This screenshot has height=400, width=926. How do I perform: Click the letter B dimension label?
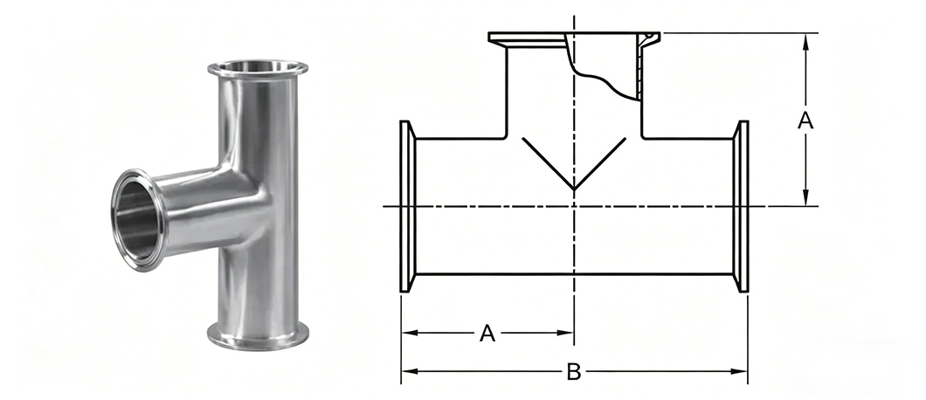tap(573, 372)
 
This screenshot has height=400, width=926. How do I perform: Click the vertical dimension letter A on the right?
tap(805, 121)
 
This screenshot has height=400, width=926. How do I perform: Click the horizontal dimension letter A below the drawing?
tap(487, 334)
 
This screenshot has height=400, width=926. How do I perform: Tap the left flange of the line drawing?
tap(407, 206)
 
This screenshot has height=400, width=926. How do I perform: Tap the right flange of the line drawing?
tap(741, 206)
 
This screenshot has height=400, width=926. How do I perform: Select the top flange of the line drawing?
tap(574, 38)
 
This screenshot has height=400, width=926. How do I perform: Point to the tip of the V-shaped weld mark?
tap(574, 190)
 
